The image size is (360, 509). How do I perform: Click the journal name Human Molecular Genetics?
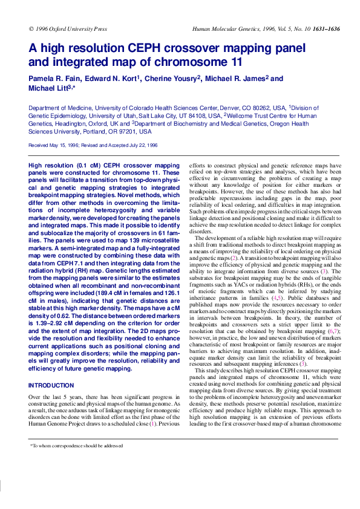coord(220,28)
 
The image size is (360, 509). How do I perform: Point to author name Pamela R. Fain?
coord(53,79)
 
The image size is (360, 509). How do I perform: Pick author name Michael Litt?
coord(48,89)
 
